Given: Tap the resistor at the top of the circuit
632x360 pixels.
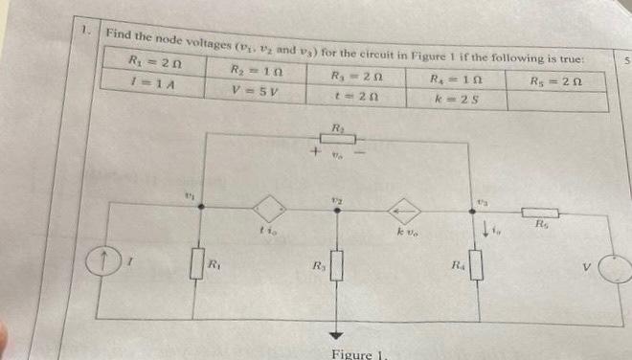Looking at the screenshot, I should coord(337,139).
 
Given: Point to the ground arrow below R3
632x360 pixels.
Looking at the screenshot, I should coord(336,332).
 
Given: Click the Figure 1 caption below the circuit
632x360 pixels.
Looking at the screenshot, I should coord(353,354).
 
